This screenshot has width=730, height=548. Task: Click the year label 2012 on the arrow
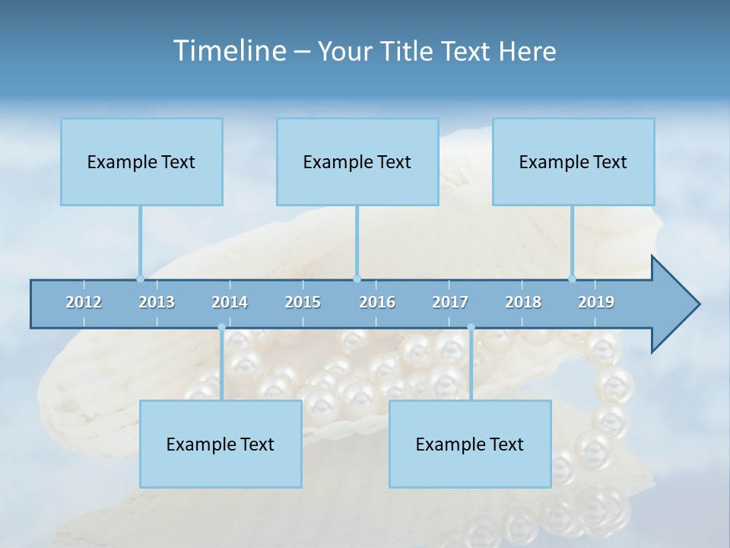click(84, 302)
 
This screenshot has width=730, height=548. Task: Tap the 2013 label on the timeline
click(157, 302)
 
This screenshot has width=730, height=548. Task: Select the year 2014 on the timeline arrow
click(230, 302)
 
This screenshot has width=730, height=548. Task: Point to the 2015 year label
click(303, 302)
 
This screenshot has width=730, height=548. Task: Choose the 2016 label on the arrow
click(377, 302)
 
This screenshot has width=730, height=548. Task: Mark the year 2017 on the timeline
click(450, 302)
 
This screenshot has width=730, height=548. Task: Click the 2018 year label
click(523, 302)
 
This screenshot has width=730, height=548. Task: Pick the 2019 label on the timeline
click(596, 302)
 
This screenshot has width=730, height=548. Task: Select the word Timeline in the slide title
click(228, 51)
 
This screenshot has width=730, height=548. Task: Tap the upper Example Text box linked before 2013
click(141, 161)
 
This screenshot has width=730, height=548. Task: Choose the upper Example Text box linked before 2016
click(357, 161)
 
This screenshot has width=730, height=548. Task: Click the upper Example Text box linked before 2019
click(573, 161)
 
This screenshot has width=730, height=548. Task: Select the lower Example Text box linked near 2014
click(221, 444)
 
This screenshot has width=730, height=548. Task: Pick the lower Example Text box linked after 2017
click(470, 444)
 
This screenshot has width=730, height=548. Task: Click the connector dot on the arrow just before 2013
click(140, 279)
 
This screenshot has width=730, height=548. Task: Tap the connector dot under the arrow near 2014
click(221, 327)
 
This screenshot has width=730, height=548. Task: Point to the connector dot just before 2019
click(572, 279)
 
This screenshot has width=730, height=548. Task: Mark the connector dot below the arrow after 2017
click(471, 327)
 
